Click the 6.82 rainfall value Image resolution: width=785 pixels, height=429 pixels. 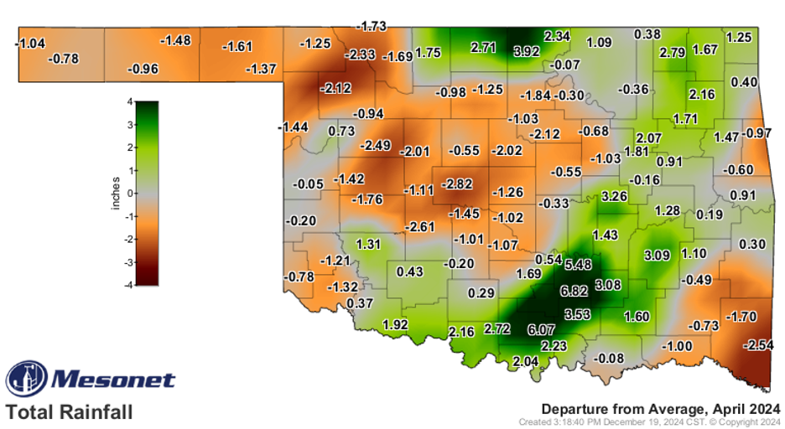tap(574, 292)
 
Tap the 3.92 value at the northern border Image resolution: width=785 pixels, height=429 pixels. tap(526, 51)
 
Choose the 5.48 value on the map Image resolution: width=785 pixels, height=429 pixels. tap(579, 265)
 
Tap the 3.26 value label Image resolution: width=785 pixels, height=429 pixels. tap(615, 196)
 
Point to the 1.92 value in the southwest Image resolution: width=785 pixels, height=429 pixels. tap(395, 324)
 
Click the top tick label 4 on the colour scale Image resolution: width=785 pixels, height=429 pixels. tap(131, 102)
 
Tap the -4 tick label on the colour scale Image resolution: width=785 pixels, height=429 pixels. tap(128, 285)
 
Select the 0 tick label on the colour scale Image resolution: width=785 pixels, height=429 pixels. tap(131, 194)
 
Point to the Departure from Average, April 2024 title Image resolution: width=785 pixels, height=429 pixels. tap(660, 408)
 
